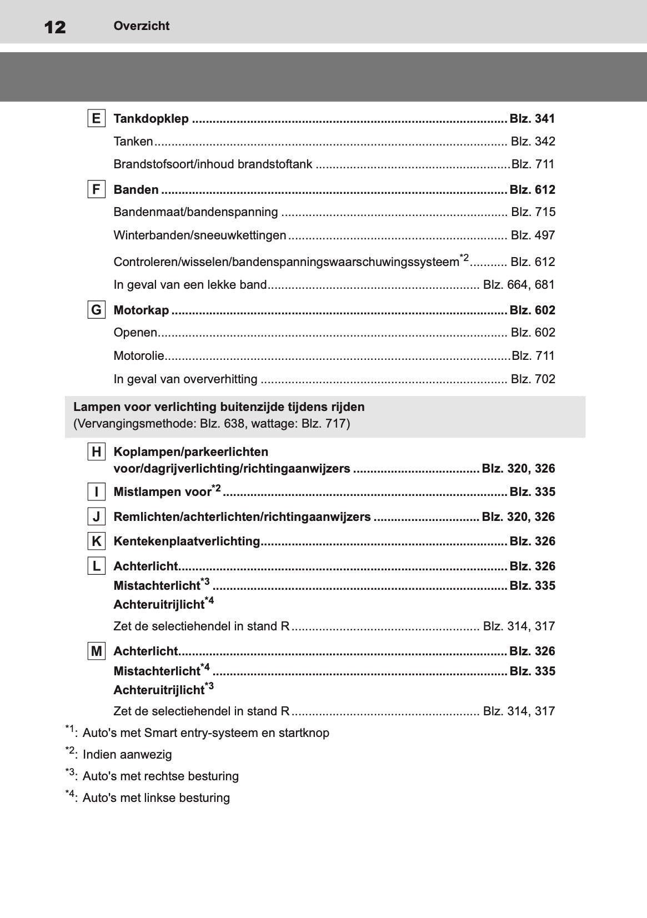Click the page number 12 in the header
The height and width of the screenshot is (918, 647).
pos(54,27)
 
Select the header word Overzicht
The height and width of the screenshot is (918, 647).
pos(141,26)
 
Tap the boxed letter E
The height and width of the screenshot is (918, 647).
pos(97,118)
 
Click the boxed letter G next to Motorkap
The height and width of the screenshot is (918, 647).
pos(97,310)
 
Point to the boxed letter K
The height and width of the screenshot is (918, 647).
pos(97,541)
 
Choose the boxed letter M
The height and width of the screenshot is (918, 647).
pos(97,651)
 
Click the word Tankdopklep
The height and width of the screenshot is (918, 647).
pos(151,119)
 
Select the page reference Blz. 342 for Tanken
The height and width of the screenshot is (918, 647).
pos(533,141)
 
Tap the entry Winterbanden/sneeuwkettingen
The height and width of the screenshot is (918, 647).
pos(199,235)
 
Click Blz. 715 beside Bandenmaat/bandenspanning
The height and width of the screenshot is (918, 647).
pos(533,212)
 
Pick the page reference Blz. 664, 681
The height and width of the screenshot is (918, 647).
pos(519,284)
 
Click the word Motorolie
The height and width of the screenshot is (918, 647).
pos(139,355)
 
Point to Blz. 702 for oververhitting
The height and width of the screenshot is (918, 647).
pos(533,379)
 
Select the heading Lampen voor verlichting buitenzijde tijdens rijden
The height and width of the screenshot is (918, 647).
pos(219,407)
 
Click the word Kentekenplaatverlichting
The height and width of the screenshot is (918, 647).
pos(187,541)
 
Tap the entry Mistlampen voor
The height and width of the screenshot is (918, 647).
pos(162,492)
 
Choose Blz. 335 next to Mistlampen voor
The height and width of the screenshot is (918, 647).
pos(532,491)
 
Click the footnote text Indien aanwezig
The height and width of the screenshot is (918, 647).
pos(127,754)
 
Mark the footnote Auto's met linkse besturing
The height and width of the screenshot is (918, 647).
pos(156,797)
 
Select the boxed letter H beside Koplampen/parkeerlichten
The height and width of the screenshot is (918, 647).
pos(97,452)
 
